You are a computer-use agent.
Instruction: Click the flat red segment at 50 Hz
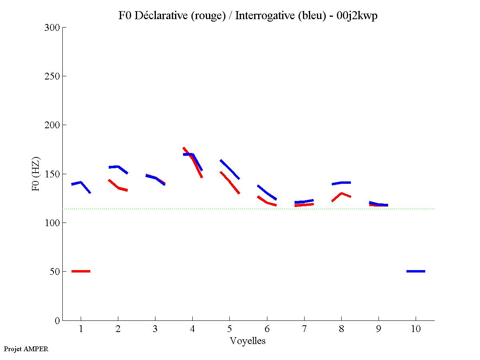81,271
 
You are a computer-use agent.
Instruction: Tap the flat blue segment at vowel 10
416,271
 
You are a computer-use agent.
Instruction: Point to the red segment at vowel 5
230,182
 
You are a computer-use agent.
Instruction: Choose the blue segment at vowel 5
230,169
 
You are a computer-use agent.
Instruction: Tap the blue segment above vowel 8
341,183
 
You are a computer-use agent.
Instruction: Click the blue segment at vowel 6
267,193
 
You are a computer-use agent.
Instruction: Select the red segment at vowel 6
267,203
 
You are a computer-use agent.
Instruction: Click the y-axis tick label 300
52,28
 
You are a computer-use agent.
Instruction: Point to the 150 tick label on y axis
52,174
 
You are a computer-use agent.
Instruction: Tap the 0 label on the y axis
57,321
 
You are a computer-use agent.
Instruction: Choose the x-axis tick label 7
304,329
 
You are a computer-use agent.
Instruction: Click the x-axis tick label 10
416,329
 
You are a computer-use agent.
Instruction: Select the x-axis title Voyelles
248,341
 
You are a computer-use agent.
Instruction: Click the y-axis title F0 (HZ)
36,174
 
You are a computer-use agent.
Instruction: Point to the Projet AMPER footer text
26,349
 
